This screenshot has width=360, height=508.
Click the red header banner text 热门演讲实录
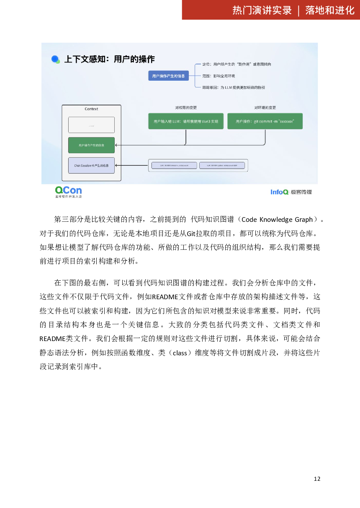pos(262,10)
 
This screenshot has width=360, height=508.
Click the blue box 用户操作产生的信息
pos(168,76)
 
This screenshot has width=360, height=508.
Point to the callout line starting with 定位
pos(237,64)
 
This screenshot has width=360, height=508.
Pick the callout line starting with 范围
pos(219,76)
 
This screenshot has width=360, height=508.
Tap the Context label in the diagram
pos(91,109)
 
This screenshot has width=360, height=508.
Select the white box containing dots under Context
pos(91,125)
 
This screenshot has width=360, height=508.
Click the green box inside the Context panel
pos(91,145)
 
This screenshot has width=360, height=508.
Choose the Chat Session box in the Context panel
pos(91,165)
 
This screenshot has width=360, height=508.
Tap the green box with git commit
pos(265,121)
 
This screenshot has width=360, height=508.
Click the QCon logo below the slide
pos(68,192)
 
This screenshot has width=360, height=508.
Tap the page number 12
pos(317,479)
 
